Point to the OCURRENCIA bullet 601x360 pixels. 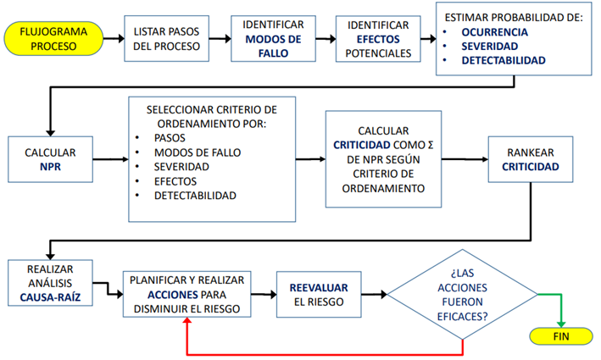click(495, 31)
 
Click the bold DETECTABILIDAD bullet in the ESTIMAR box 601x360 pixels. click(504, 60)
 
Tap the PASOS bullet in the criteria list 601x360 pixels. click(169, 138)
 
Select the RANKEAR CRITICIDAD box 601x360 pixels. click(531, 159)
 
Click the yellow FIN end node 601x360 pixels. click(560, 335)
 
